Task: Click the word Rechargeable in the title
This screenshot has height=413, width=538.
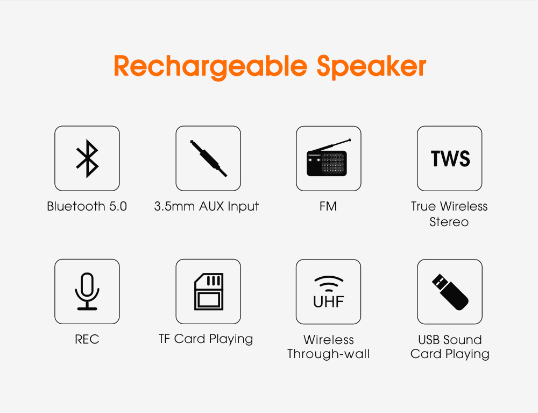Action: click(x=210, y=67)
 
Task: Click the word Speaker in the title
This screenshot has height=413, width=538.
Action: click(x=371, y=67)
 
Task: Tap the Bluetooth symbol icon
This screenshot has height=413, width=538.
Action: click(x=87, y=159)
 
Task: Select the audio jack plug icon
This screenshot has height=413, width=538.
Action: click(x=208, y=158)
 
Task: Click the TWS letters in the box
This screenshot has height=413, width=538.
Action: click(x=450, y=159)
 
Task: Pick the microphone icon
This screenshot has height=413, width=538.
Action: click(x=87, y=291)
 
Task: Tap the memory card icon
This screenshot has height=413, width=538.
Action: click(x=209, y=291)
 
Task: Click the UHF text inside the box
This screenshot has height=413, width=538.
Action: click(x=328, y=302)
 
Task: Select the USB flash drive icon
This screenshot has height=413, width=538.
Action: click(x=450, y=292)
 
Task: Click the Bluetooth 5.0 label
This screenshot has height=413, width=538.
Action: click(x=87, y=206)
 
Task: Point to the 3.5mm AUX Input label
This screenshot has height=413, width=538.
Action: click(x=206, y=207)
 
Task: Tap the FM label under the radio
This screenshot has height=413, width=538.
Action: click(x=328, y=206)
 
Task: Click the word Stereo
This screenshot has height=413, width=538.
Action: click(x=449, y=222)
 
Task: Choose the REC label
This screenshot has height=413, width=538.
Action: click(x=87, y=339)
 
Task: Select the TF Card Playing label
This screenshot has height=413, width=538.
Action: click(x=206, y=339)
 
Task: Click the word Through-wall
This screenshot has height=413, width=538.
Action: click(x=328, y=354)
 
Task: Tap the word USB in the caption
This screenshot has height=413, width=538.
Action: click(x=428, y=340)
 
